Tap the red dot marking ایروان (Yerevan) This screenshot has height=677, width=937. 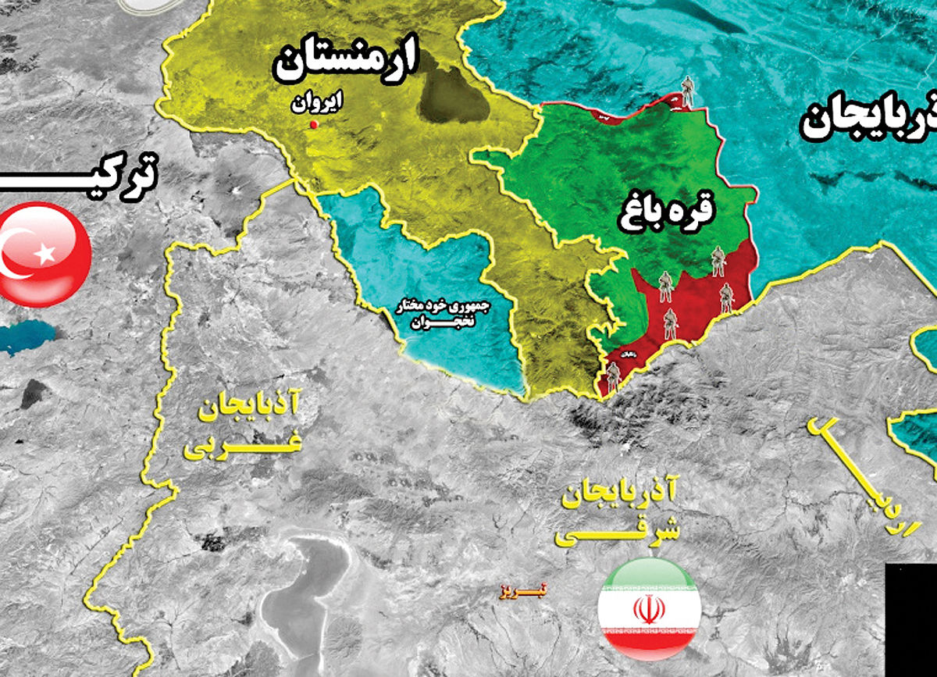[x=314, y=125]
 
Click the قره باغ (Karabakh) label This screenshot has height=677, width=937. [x=668, y=211]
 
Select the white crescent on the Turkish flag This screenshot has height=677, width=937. [x=19, y=254]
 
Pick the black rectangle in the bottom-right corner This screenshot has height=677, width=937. [x=911, y=618]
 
